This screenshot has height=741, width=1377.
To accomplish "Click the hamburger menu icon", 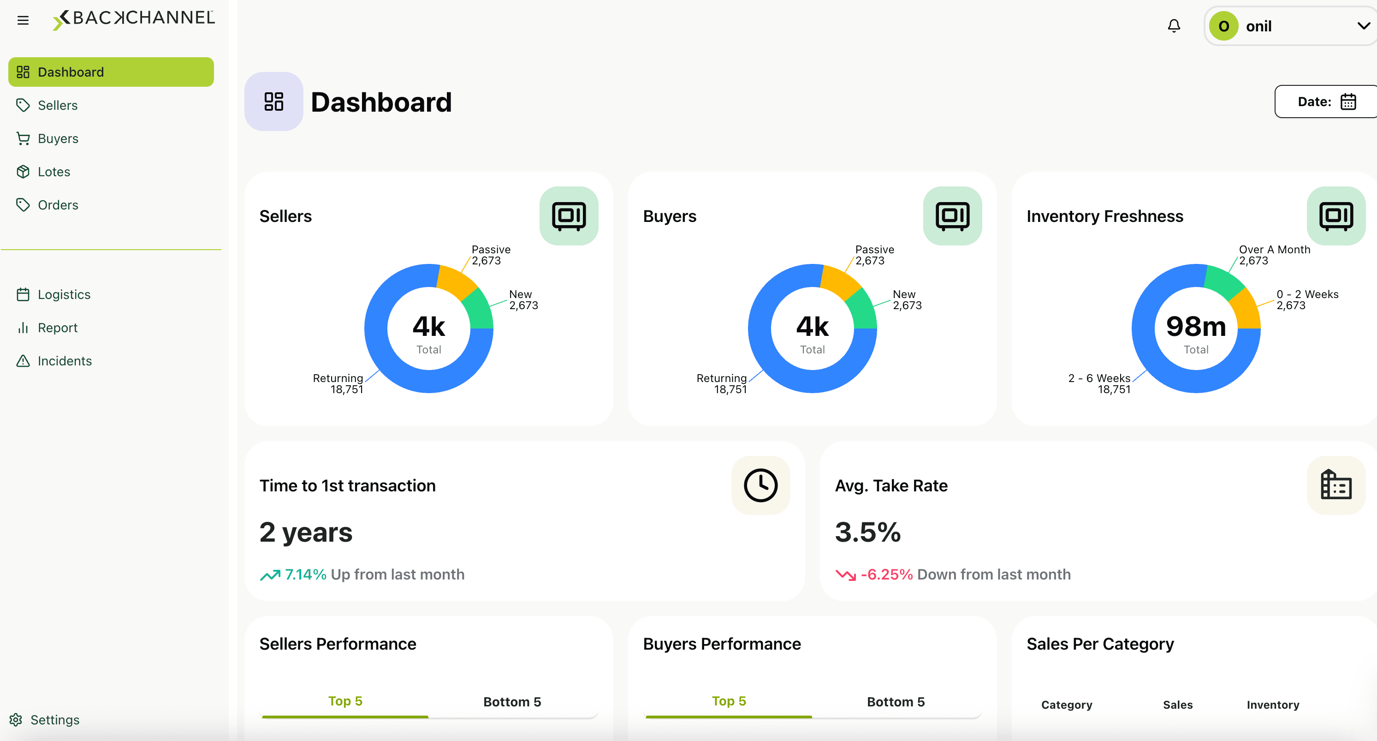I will [23, 20].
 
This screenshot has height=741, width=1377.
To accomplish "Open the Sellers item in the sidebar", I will [57, 105].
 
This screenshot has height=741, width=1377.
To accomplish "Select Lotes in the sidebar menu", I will [53, 172].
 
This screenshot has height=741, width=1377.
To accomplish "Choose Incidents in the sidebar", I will [64, 361].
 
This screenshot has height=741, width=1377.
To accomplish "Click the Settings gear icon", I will [16, 720].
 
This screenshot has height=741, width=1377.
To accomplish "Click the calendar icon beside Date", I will [1348, 102].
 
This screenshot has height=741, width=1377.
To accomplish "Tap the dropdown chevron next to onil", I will [1363, 26].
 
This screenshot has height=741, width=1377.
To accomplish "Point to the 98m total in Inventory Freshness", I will [1196, 326].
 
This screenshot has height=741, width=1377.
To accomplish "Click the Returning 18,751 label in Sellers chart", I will [338, 383].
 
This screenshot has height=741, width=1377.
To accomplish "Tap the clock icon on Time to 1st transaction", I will [760, 485].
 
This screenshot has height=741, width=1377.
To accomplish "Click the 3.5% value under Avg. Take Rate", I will [867, 532].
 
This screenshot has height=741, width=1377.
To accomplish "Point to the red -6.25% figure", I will [886, 574].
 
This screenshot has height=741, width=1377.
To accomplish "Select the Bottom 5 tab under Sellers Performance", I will [512, 702].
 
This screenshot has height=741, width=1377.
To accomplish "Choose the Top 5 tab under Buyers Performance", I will [729, 701].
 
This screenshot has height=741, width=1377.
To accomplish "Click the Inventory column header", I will [1273, 705].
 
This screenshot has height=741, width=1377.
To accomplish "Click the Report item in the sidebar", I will [57, 328].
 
